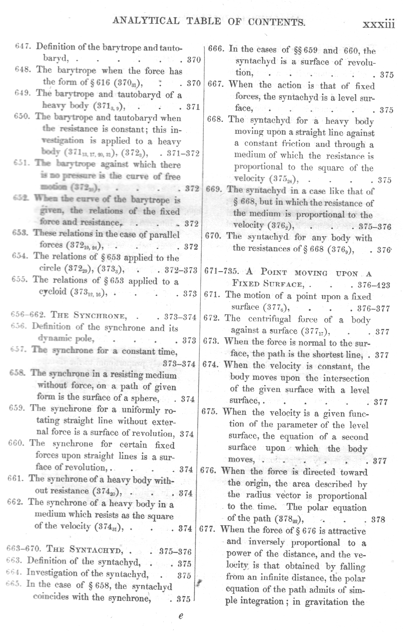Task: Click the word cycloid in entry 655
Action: point(53,292)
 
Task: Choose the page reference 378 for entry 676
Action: point(378,520)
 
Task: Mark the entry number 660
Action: point(16,444)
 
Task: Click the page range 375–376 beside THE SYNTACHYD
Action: point(175,552)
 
